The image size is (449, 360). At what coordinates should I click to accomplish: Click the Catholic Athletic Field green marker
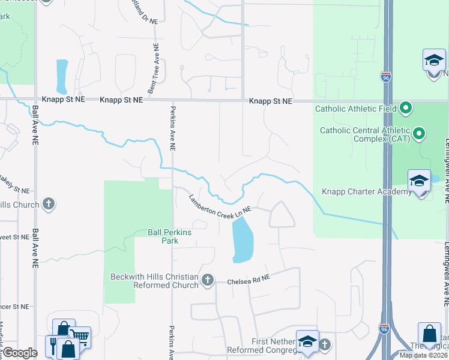(406, 109)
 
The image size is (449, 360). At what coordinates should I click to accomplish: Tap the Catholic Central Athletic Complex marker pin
(419, 133)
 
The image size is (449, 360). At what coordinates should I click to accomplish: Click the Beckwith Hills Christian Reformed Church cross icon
(208, 280)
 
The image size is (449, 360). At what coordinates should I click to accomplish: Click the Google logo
(19, 353)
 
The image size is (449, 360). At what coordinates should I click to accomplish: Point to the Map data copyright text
(423, 355)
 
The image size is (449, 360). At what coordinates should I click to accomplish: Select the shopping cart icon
(80, 338)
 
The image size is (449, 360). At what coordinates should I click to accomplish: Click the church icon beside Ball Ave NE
(49, 205)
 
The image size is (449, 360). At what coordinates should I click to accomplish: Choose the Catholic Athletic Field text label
(356, 109)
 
